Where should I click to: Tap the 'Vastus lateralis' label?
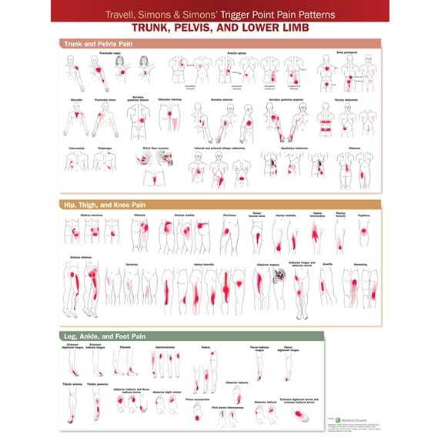point(206,262)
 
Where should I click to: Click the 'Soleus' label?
point(205,347)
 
